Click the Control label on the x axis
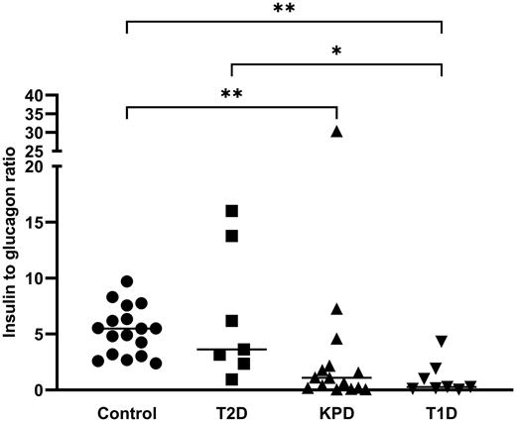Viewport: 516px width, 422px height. point(128,411)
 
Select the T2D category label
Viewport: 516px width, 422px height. point(231,411)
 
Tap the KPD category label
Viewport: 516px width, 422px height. point(337,411)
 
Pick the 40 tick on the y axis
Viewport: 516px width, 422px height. point(36,96)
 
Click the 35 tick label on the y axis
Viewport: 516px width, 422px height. point(36,115)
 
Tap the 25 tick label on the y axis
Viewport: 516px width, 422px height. point(36,152)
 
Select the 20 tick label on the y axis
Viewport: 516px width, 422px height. point(36,166)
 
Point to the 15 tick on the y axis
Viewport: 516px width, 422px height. point(36,223)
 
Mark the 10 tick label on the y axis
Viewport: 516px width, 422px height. point(36,278)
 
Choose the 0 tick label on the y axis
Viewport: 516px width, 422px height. point(41,390)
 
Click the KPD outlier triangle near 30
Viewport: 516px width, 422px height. point(337,131)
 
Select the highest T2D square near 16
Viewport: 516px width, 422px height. point(231,210)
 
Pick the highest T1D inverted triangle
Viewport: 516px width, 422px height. point(442,341)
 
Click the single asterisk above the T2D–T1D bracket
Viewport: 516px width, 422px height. point(336,50)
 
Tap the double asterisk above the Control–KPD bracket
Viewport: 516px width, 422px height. point(232,95)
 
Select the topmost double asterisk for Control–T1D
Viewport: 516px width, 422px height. point(284,8)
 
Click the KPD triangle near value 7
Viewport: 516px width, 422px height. point(337,309)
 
